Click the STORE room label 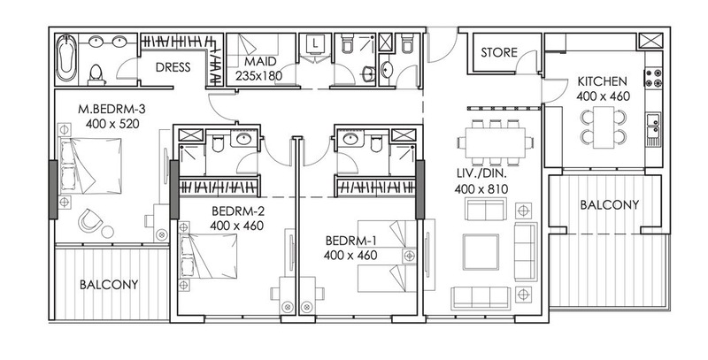point(499,53)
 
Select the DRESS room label point(173,68)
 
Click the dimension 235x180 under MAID point(258,75)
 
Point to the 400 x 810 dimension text point(481,189)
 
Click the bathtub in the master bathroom point(66,57)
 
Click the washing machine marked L point(316,44)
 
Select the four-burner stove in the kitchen point(653,78)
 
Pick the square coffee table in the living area point(481,252)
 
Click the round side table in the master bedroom point(107,232)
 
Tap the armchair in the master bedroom point(90,220)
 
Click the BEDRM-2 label point(238,211)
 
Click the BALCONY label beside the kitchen point(609,205)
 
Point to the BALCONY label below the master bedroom point(109,285)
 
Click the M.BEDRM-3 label point(112,109)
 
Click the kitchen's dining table point(604,126)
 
